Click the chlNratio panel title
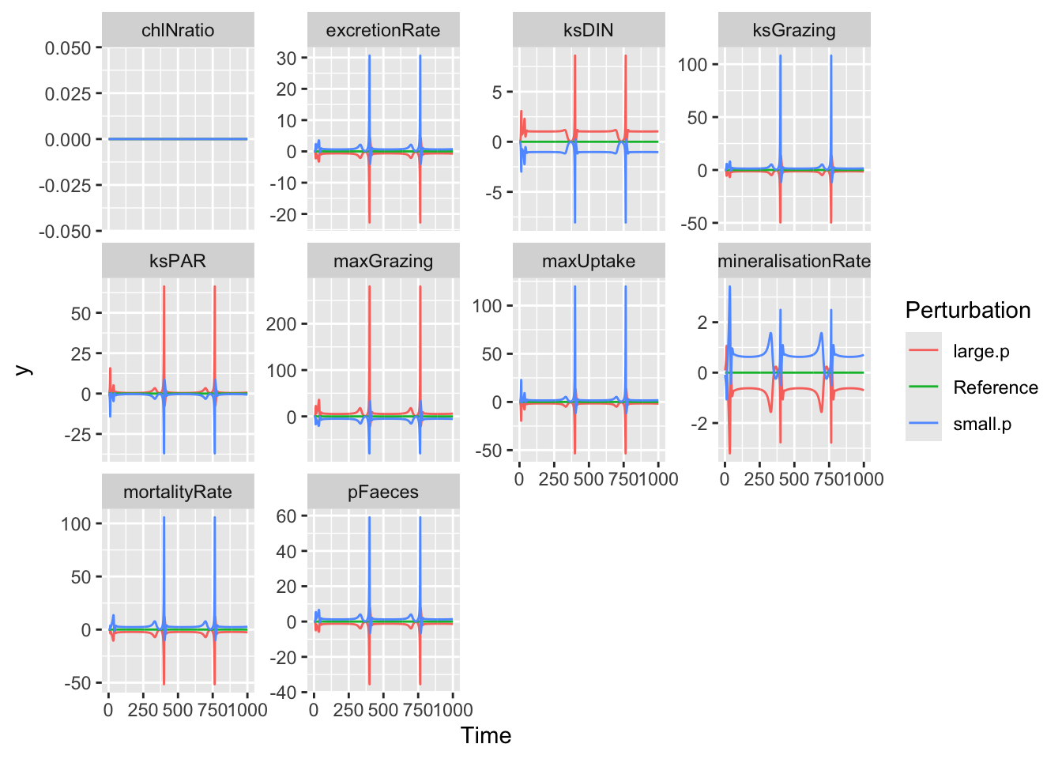coord(178,31)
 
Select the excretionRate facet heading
coord(383,31)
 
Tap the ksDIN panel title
coord(589,31)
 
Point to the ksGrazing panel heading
coord(794,31)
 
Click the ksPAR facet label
coord(178,262)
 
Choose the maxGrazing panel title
coord(383,262)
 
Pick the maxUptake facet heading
coord(589,262)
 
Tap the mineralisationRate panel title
coord(794,262)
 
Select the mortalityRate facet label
coord(178,493)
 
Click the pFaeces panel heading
coord(383,493)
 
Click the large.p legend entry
coord(981,352)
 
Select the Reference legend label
coord(995,387)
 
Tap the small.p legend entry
coord(981,425)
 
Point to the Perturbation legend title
coord(968,310)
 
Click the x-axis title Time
coord(486,736)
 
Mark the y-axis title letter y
coord(24,369)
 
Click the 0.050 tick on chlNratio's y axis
coord(68,48)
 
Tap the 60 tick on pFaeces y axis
coord(286,516)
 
